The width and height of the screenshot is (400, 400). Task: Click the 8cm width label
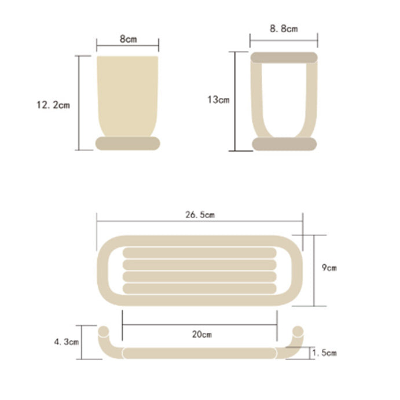coord(129,39)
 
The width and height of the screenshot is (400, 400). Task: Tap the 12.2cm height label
coord(53,105)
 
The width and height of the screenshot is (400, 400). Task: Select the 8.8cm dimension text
coord(284,28)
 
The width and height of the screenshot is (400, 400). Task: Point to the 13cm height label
coord(218,100)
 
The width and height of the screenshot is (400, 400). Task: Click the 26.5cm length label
coord(200,215)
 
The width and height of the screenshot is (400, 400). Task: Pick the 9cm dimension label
coord(329,267)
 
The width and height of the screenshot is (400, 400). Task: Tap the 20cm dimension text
coord(202,334)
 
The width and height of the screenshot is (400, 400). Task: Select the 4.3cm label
coord(67,342)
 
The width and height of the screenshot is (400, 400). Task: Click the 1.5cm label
coord(325,353)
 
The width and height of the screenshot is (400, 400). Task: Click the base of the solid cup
coord(128,144)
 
